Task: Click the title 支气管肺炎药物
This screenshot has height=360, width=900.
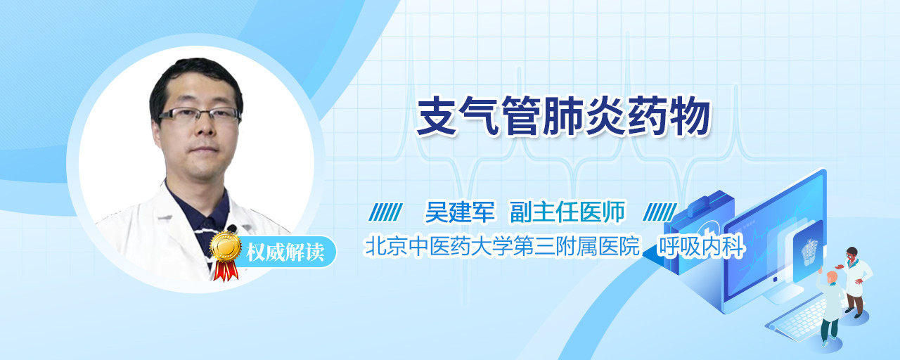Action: pyautogui.click(x=564, y=117)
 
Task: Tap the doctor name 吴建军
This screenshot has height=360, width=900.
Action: pyautogui.click(x=460, y=212)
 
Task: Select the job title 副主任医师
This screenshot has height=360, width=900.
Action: pyautogui.click(x=567, y=212)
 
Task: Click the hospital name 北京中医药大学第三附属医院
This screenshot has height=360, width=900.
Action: pyautogui.click(x=502, y=246)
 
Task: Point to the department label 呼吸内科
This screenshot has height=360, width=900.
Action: pyautogui.click(x=701, y=246)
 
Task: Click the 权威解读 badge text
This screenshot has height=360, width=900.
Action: pyautogui.click(x=285, y=252)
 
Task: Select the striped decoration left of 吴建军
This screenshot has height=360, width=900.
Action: pyautogui.click(x=385, y=212)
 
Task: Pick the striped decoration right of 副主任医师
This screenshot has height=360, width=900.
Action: pyautogui.click(x=660, y=212)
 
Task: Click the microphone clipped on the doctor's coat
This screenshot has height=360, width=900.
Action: pyautogui.click(x=232, y=229)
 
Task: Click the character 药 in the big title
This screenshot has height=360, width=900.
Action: pyautogui.click(x=648, y=117)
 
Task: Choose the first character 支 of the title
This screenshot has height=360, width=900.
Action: pyautogui.click(x=437, y=117)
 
